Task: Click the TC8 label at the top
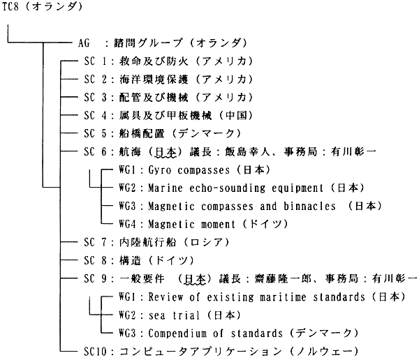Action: [11, 8]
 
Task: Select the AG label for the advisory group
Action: [84, 42]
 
